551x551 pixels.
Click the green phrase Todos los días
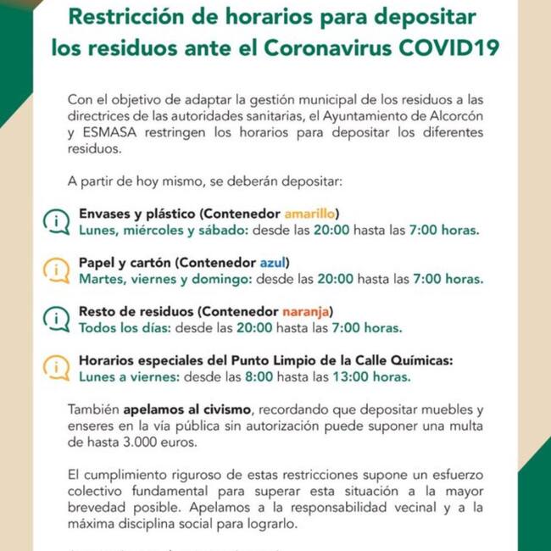pos(123,327)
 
